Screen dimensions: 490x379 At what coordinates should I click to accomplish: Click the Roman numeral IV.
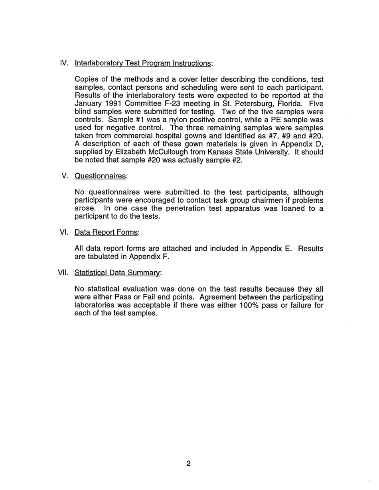[x=64, y=63]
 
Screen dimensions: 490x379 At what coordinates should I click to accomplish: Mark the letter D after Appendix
[x=320, y=144]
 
